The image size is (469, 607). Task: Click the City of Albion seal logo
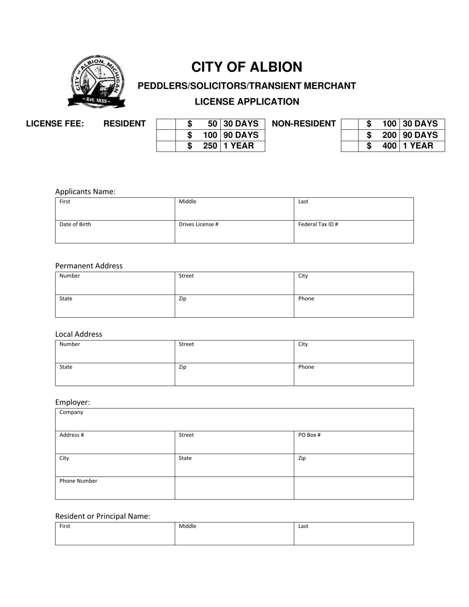point(96,82)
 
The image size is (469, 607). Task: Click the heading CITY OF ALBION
point(246,67)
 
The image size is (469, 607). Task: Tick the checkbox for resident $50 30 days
point(166,124)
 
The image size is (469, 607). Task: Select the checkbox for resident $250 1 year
point(166,146)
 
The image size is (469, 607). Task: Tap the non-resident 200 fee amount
point(389,135)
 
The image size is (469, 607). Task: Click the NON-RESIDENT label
point(304,124)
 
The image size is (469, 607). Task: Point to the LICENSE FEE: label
point(55,124)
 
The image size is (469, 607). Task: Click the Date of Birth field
point(115,232)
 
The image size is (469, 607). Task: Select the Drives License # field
point(234,232)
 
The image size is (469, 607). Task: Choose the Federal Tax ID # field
point(353,232)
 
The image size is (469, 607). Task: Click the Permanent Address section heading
point(89,266)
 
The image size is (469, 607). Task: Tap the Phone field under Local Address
point(353,375)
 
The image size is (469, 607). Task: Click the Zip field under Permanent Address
point(234,306)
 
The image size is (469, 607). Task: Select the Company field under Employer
point(234,419)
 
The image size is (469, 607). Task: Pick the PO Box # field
point(353,443)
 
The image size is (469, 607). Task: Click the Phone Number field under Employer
point(115,488)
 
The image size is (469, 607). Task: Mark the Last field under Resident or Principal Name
point(353,534)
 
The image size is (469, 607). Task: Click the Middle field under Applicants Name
point(234,209)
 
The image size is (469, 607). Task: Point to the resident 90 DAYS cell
point(241,135)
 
